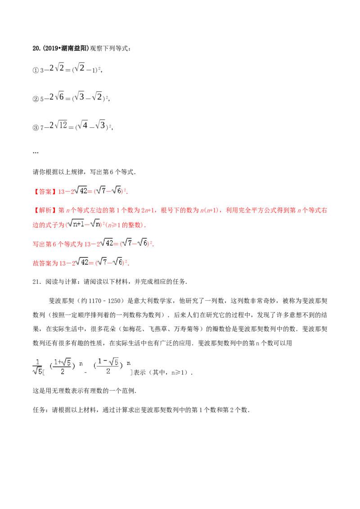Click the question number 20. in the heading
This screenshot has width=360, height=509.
36,49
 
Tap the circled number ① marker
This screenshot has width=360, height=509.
36,70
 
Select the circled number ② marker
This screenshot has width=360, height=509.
36,98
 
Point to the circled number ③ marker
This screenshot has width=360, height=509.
36,128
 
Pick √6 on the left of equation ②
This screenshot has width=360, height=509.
59,96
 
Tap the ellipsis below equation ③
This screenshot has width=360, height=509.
36,152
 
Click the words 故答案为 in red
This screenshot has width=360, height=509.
45,263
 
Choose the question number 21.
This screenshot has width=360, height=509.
37,282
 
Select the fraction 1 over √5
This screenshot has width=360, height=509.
38,367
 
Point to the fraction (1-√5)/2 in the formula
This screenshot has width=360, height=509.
108,366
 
